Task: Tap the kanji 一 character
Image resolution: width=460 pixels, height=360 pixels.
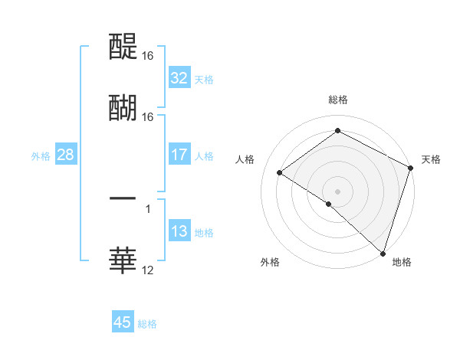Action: click(x=123, y=198)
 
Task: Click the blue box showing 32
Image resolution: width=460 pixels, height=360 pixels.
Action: click(x=179, y=78)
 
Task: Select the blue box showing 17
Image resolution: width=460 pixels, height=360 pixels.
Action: click(x=179, y=155)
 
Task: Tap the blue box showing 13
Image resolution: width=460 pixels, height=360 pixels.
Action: click(x=179, y=231)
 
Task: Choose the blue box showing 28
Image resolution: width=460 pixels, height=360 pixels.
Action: click(x=66, y=155)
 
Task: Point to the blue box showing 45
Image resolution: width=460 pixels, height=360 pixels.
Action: click(x=123, y=322)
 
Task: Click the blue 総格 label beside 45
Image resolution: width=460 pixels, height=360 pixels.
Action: click(x=147, y=324)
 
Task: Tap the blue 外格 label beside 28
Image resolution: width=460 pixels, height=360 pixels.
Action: click(x=41, y=155)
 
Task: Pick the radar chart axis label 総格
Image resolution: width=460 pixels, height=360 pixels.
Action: click(x=338, y=100)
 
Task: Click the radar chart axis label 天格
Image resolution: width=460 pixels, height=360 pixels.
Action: click(x=431, y=159)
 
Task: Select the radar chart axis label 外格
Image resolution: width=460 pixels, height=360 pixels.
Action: click(x=270, y=263)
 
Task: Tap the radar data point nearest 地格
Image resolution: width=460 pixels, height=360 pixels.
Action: click(x=383, y=253)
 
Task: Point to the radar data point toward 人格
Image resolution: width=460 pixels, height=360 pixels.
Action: click(x=280, y=172)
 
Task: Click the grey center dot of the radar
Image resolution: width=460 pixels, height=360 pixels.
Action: click(x=338, y=191)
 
